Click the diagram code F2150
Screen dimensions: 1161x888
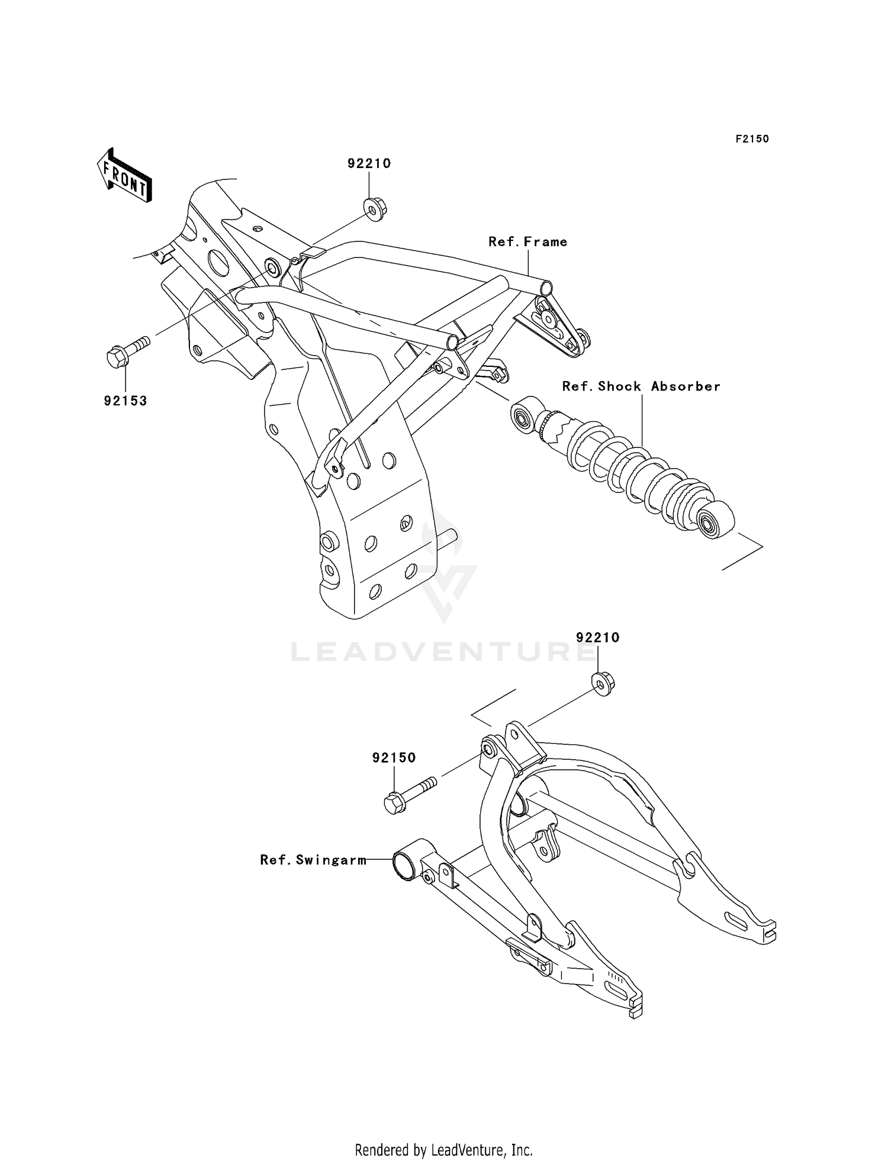tap(752, 139)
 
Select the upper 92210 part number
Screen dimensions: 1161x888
tap(369, 163)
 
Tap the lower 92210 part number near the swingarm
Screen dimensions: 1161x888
tap(597, 637)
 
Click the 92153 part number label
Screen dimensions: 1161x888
tap(126, 401)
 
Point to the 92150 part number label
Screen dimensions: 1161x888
tap(394, 757)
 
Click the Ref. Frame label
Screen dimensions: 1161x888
tap(527, 241)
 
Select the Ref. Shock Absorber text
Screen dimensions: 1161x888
tap(641, 386)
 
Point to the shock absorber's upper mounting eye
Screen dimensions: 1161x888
tap(525, 418)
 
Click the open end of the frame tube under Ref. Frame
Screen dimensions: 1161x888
tap(546, 289)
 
